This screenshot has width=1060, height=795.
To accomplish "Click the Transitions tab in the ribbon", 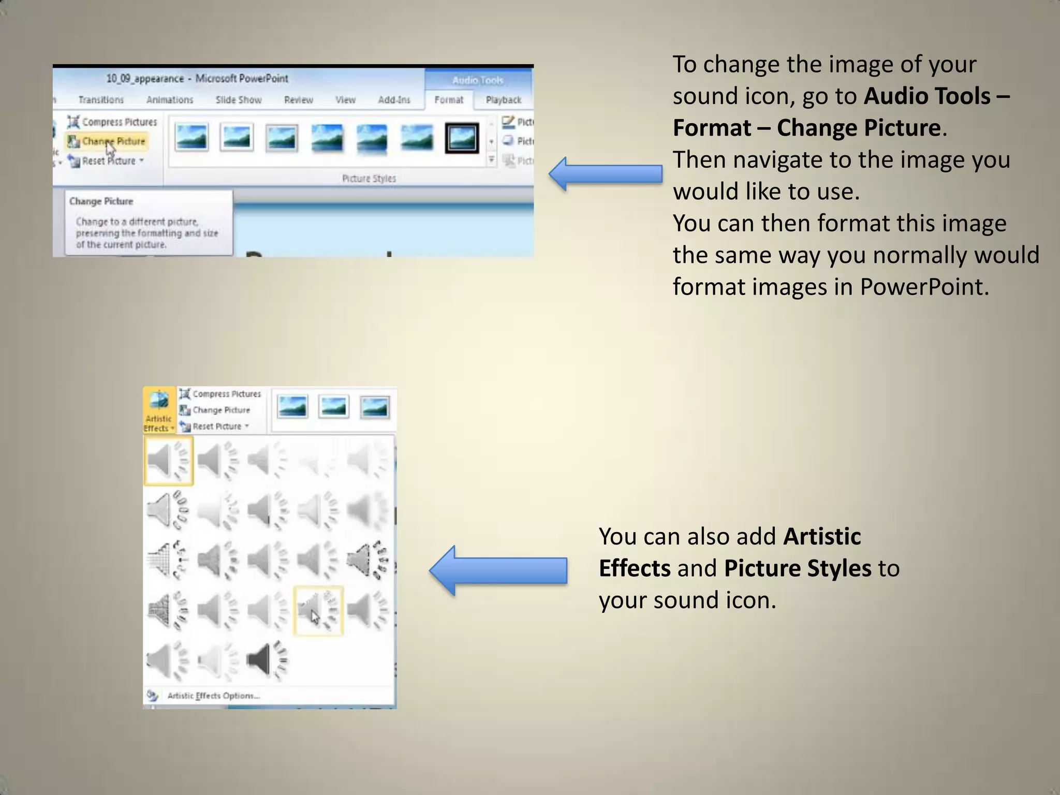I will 101,100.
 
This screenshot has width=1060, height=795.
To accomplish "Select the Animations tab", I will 170,100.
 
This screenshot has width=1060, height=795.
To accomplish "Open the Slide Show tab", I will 239,100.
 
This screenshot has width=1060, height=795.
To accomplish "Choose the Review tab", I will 299,100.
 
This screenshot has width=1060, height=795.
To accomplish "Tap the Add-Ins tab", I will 394,100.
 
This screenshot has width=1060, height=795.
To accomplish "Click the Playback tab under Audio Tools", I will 503,100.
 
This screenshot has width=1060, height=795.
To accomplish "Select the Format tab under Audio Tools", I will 449,100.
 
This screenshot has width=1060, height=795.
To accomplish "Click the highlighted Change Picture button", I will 108,141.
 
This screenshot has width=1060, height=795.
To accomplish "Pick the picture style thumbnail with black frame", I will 462,138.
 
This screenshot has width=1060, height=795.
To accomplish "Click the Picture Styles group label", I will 369,179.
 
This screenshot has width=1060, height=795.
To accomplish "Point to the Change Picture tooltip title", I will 101,201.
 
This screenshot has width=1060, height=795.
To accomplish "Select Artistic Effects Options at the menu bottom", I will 213,696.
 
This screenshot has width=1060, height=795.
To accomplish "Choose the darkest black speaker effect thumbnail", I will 267,660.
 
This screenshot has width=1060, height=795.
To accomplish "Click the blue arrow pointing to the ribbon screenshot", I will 605,174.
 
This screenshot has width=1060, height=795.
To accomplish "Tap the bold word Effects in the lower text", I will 635,568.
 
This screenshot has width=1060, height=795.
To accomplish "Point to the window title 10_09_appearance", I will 145,79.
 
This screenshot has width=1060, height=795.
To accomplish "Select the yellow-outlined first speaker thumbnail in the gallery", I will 168,460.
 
